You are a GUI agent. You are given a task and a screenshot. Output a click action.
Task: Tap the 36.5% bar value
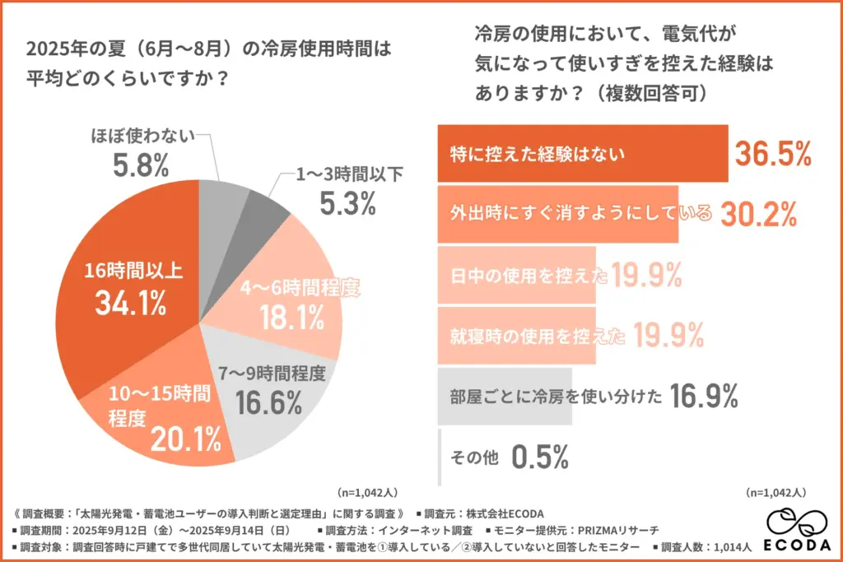pyautogui.click(x=773, y=153)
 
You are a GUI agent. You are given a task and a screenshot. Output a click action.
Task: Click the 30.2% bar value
pyautogui.click(x=758, y=214)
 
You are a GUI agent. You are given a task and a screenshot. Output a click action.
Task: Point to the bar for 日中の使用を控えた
pyautogui.click(x=519, y=275)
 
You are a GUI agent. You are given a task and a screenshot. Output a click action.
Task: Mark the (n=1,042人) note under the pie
pyautogui.click(x=368, y=493)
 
